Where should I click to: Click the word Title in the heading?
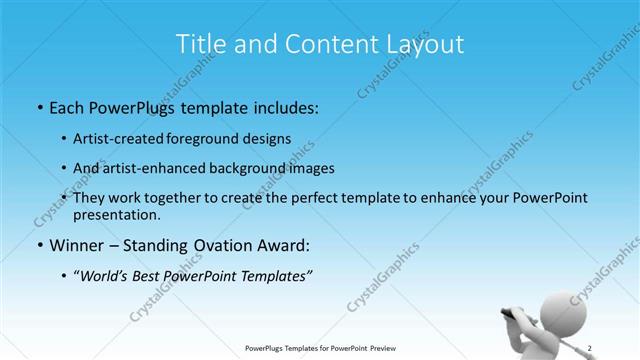[199, 44]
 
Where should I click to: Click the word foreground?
[219, 138]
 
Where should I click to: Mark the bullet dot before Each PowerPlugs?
[39, 107]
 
